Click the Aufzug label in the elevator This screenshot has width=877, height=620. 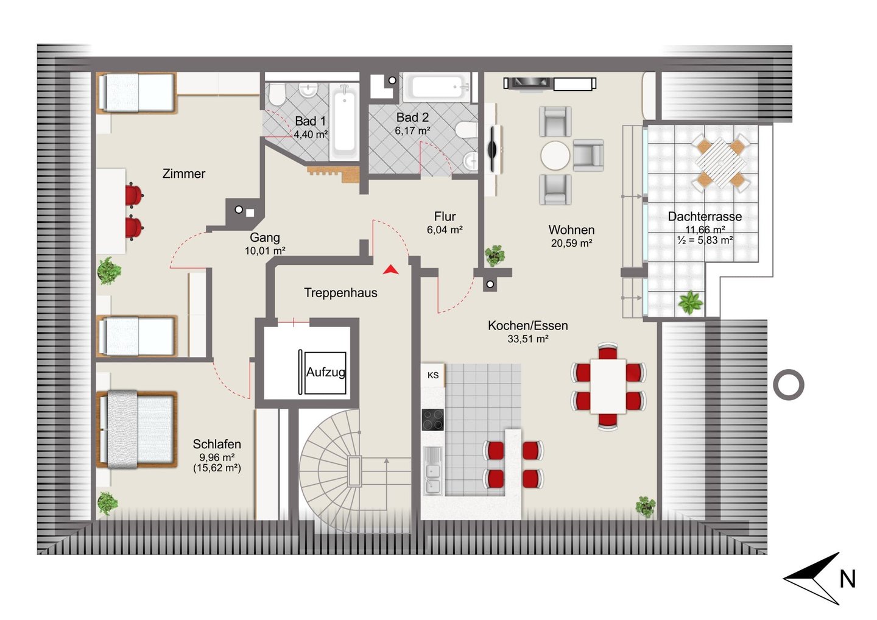click(326, 372)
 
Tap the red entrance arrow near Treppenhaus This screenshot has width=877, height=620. click(390, 270)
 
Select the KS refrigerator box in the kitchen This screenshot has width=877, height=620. click(433, 375)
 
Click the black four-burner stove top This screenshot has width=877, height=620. click(432, 420)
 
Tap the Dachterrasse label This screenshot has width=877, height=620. click(705, 216)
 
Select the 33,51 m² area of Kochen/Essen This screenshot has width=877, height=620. click(528, 339)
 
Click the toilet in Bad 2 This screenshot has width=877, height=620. click(467, 130)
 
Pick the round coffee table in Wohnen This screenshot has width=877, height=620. click(555, 155)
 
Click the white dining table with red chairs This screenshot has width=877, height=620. click(608, 386)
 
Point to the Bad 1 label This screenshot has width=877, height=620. click(310, 121)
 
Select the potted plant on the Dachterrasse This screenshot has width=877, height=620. click(691, 302)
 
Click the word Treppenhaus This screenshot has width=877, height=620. click(340, 293)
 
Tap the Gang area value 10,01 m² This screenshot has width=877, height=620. click(265, 250)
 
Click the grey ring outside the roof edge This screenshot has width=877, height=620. click(789, 385)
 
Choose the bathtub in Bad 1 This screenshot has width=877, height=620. click(344, 122)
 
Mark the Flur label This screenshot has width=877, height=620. click(445, 216)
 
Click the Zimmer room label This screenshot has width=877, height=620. click(184, 174)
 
